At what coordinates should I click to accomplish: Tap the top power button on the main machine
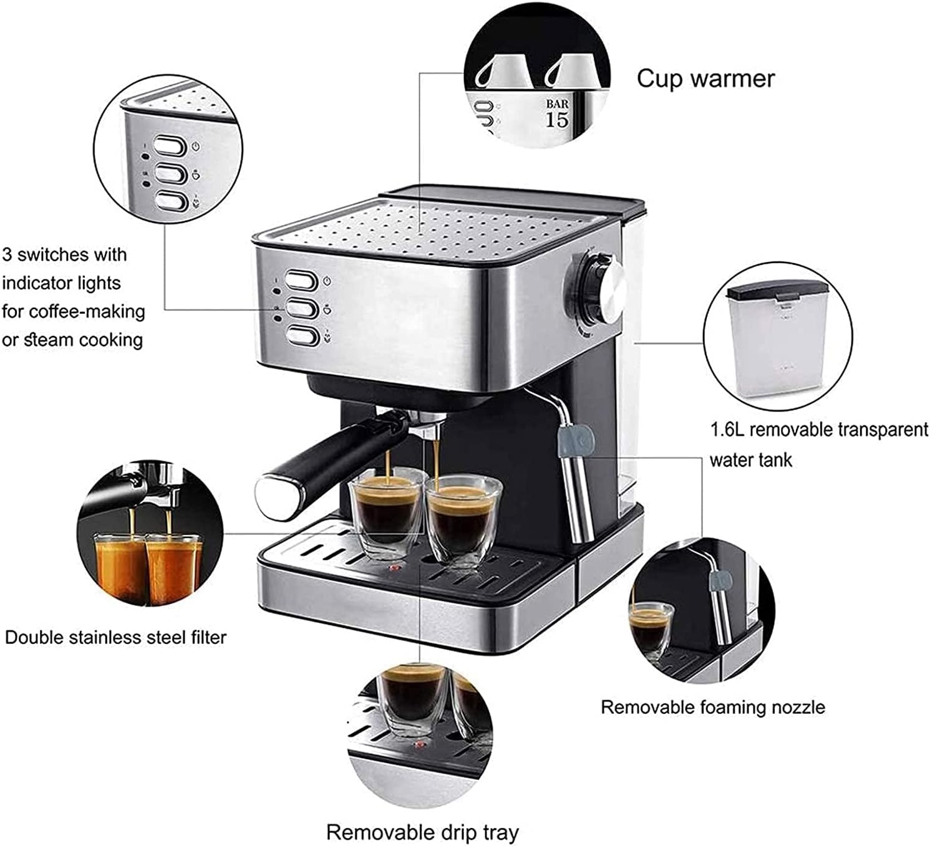pyautogui.click(x=302, y=281)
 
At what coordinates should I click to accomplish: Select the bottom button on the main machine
pyautogui.click(x=302, y=336)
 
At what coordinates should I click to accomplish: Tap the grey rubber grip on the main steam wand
pyautogui.click(x=574, y=439)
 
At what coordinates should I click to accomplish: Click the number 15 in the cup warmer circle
pyautogui.click(x=557, y=120)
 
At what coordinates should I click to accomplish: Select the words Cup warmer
pyautogui.click(x=705, y=79)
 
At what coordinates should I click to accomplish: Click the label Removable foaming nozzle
pyautogui.click(x=712, y=707)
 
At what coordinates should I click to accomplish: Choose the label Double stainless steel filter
pyautogui.click(x=115, y=637)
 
